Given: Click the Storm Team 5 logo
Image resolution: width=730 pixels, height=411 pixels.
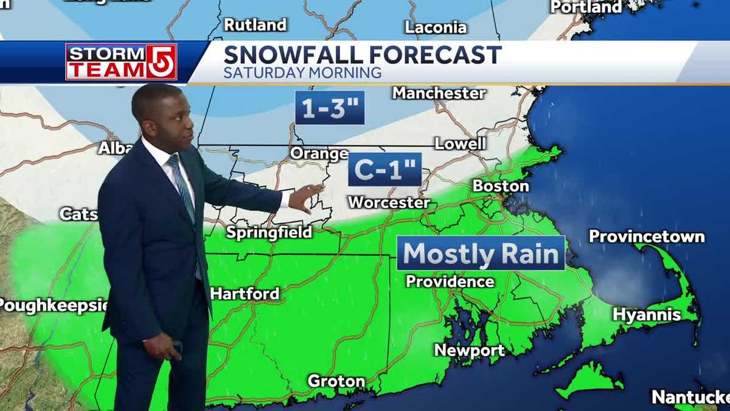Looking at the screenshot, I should (x=121, y=61).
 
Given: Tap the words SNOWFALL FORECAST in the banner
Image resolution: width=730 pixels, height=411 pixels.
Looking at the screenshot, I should (x=363, y=55).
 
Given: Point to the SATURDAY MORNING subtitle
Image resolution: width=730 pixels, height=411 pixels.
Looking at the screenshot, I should (x=302, y=73).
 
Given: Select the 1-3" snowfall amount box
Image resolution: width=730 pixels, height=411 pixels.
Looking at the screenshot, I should (x=330, y=108).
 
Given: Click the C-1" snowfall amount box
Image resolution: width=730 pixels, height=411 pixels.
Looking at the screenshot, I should (x=384, y=169).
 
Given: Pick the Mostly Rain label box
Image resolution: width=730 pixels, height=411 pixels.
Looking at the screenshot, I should (x=481, y=253).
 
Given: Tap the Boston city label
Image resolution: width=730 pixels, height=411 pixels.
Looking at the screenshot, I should (x=501, y=186).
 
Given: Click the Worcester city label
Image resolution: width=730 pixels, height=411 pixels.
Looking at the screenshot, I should (x=389, y=203).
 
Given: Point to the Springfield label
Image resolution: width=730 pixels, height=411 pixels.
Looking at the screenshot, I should (x=269, y=232).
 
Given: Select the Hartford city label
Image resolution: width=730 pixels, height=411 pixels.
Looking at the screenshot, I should (x=245, y=293).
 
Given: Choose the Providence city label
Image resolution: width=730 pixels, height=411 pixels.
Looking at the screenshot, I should (x=450, y=281).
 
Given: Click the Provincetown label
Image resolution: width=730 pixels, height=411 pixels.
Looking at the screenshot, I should (x=647, y=236).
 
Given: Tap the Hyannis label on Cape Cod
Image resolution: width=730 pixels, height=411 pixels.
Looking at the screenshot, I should (x=646, y=315).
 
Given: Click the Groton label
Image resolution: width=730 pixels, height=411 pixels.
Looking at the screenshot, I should (x=336, y=381).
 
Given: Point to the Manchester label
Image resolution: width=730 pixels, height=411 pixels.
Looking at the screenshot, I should (x=439, y=93).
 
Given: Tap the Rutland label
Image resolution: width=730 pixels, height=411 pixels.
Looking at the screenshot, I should (x=255, y=25).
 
